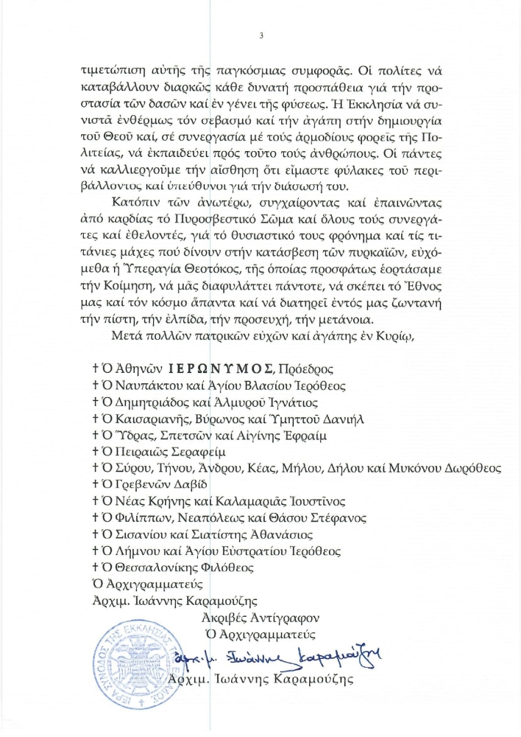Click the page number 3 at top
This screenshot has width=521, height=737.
[261, 35]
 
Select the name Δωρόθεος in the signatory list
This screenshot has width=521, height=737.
[469, 468]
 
